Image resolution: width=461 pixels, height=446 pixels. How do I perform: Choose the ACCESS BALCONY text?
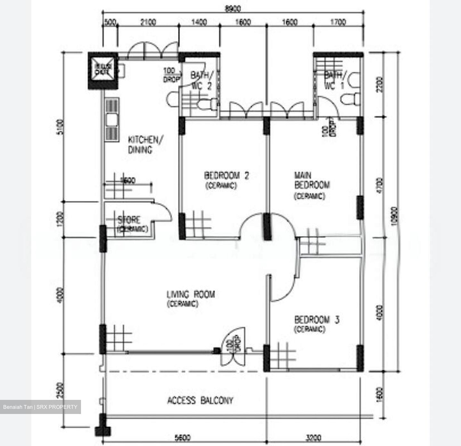(x=200, y=401)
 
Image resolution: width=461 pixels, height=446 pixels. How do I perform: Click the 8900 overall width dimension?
(x=233, y=9)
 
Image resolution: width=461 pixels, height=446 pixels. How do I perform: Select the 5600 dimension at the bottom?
(x=182, y=437)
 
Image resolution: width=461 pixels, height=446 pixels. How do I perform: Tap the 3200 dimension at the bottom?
(x=314, y=437)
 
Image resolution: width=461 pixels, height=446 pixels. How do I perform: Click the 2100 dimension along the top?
(x=148, y=22)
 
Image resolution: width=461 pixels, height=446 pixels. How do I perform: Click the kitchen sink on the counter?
(x=111, y=120)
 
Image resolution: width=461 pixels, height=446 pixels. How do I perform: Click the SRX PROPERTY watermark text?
(x=40, y=407)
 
